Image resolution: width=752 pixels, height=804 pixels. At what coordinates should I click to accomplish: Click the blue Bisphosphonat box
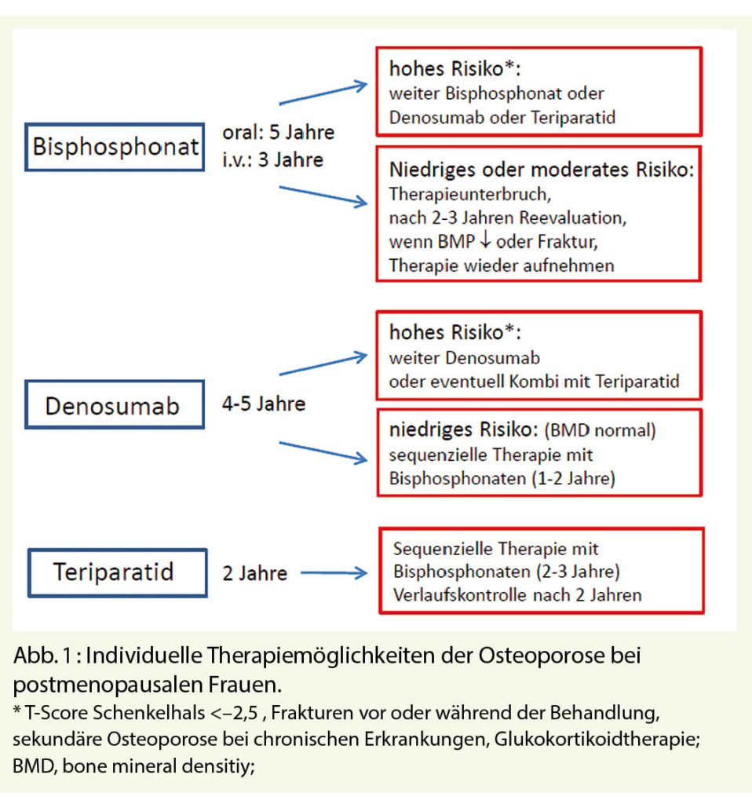tap(115, 146)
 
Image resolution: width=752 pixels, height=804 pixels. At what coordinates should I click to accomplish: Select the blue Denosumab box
tap(114, 405)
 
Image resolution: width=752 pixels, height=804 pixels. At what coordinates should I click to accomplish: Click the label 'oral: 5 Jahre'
tap(279, 132)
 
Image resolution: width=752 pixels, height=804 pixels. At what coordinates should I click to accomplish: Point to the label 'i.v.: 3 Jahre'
tap(273, 159)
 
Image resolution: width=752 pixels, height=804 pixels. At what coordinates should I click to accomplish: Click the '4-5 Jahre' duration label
tap(264, 405)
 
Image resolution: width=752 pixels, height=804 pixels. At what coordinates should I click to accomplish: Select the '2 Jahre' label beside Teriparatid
tap(255, 574)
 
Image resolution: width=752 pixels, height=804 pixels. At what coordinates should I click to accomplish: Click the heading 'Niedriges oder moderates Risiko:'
tap(542, 170)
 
